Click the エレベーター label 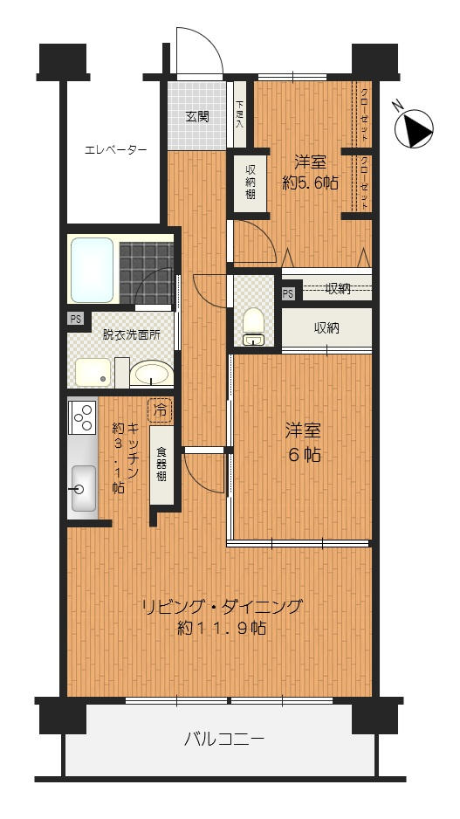(115, 150)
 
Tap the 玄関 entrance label (197, 116)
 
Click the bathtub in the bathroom (92, 270)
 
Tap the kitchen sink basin (84, 488)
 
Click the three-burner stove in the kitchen (83, 416)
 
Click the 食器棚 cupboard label (161, 465)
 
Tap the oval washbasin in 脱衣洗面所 (151, 374)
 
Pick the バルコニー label (224, 739)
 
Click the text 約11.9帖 (222, 627)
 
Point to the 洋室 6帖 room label (302, 443)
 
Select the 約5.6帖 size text (310, 182)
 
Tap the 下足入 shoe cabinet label (239, 114)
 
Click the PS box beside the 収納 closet (288, 293)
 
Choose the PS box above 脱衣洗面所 (76, 319)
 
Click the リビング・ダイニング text (223, 607)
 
